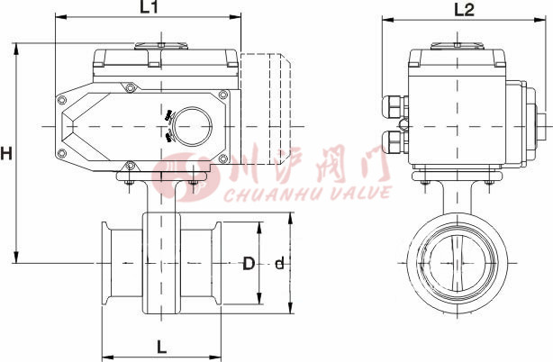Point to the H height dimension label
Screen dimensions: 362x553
[7, 154]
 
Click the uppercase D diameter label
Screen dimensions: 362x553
[249, 264]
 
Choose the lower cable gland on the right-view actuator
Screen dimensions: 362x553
[394, 141]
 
